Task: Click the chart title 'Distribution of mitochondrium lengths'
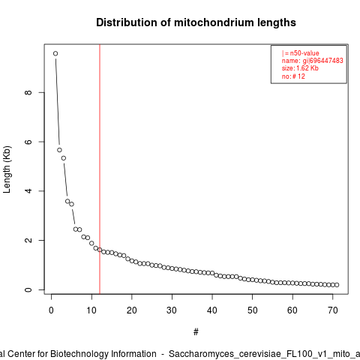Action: [196, 22]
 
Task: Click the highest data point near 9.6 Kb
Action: [55, 53]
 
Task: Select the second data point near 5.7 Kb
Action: [59, 150]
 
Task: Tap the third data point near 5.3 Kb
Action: [64, 158]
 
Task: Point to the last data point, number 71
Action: [337, 285]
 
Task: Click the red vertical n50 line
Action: [100, 169]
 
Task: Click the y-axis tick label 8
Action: [28, 92]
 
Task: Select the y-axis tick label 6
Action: [28, 142]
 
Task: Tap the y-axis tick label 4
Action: [28, 191]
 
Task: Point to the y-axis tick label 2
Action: [28, 240]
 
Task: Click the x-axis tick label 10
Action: [91, 310]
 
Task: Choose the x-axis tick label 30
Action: [172, 310]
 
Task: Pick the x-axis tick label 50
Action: [253, 310]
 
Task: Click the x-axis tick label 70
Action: [333, 310]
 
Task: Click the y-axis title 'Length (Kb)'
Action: [7, 169]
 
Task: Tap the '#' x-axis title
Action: [196, 332]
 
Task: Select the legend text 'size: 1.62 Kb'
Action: [300, 68]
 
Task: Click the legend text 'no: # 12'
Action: [293, 76]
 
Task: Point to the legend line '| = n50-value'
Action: [301, 53]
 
